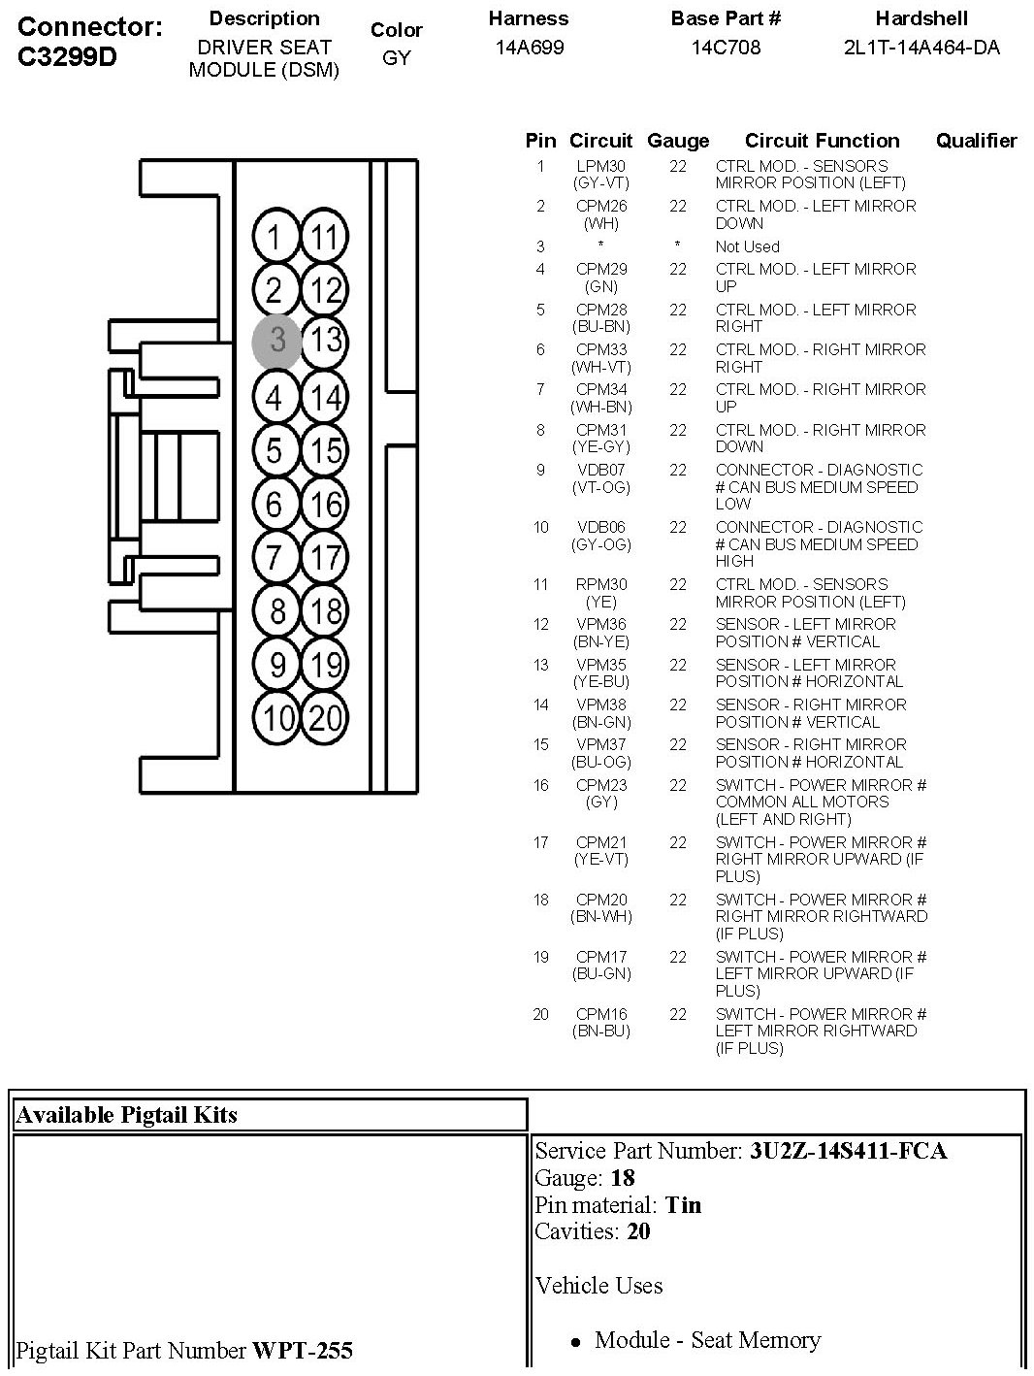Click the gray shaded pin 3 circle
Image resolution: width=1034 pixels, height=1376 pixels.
[x=277, y=341]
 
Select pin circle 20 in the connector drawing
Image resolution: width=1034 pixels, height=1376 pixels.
[x=326, y=718]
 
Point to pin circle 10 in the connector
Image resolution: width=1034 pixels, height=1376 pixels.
[x=277, y=718]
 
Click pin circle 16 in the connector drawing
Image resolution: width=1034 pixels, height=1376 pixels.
[x=325, y=505]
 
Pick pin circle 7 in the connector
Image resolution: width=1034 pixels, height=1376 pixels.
[x=276, y=558]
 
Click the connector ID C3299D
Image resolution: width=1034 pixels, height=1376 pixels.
[x=67, y=56]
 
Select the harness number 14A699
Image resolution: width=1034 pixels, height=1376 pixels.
[x=529, y=47]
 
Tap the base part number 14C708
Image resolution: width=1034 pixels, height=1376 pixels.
[x=726, y=47]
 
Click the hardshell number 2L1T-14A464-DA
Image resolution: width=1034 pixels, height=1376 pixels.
[x=921, y=47]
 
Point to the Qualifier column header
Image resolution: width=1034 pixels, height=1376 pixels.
[x=976, y=141]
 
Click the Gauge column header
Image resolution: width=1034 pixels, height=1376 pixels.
[x=678, y=141]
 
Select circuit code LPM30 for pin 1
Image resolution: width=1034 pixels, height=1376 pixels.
[x=601, y=167]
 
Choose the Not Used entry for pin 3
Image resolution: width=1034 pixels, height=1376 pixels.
[x=747, y=246]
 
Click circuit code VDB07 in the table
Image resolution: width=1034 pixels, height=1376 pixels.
[x=601, y=471]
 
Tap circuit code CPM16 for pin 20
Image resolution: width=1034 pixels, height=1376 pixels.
[x=601, y=1015]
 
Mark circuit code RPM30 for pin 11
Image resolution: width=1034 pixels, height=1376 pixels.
[x=601, y=585]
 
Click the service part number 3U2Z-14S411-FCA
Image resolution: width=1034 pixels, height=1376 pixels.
[x=848, y=1152]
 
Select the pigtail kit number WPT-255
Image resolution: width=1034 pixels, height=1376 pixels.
[x=303, y=1350]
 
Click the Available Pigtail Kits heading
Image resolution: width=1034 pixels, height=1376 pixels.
[x=126, y=1115]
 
